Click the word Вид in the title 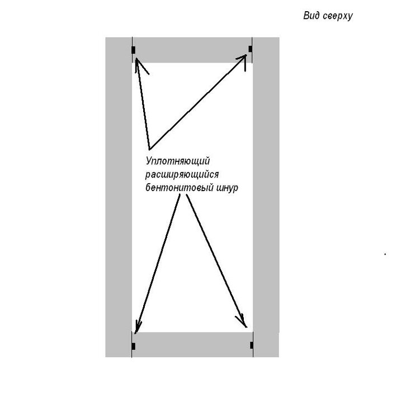[312, 16]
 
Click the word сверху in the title [337, 17]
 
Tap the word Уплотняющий [178, 161]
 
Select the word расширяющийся [182, 175]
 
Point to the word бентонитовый [179, 188]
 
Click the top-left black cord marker [134, 50]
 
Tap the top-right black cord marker [250, 49]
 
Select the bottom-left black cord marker [134, 346]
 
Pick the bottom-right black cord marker [252, 345]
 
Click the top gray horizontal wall [192, 50]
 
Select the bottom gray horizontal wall [192, 345]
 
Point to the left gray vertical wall [119, 197]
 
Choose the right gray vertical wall [266, 197]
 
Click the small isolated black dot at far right [385, 254]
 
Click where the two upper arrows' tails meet [149, 149]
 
